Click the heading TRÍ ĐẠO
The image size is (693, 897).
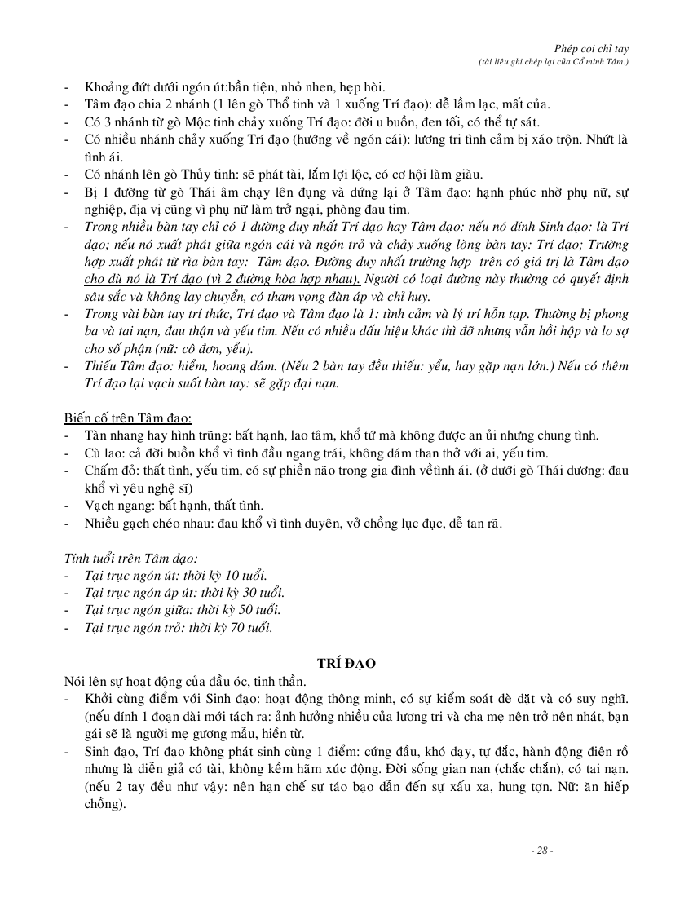click(346, 664)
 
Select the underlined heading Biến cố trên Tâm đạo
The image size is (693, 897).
click(128, 418)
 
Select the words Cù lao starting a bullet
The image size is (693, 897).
click(102, 453)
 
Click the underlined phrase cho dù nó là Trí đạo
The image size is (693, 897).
click(155, 279)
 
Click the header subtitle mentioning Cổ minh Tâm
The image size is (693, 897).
click(554, 62)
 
